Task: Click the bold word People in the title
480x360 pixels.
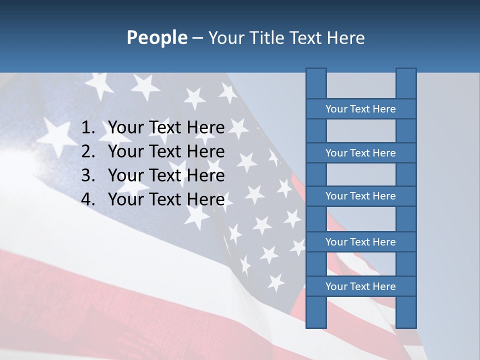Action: point(156,38)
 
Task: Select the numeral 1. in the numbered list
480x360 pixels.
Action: point(88,128)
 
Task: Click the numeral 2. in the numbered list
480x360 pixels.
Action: point(88,151)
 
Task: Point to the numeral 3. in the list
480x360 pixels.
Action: point(88,175)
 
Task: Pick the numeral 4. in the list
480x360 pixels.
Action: point(88,199)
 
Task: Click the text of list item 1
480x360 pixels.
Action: point(166,128)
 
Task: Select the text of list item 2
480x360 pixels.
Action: point(166,151)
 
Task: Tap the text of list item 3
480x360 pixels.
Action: point(166,175)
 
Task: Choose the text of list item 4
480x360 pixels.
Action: point(166,199)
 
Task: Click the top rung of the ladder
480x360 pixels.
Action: point(360,109)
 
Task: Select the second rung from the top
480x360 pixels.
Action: point(360,153)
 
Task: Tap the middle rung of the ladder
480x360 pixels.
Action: point(360,196)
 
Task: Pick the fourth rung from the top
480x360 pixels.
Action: point(360,242)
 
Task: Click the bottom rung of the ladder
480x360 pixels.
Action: point(360,286)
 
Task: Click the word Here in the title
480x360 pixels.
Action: point(346,38)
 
